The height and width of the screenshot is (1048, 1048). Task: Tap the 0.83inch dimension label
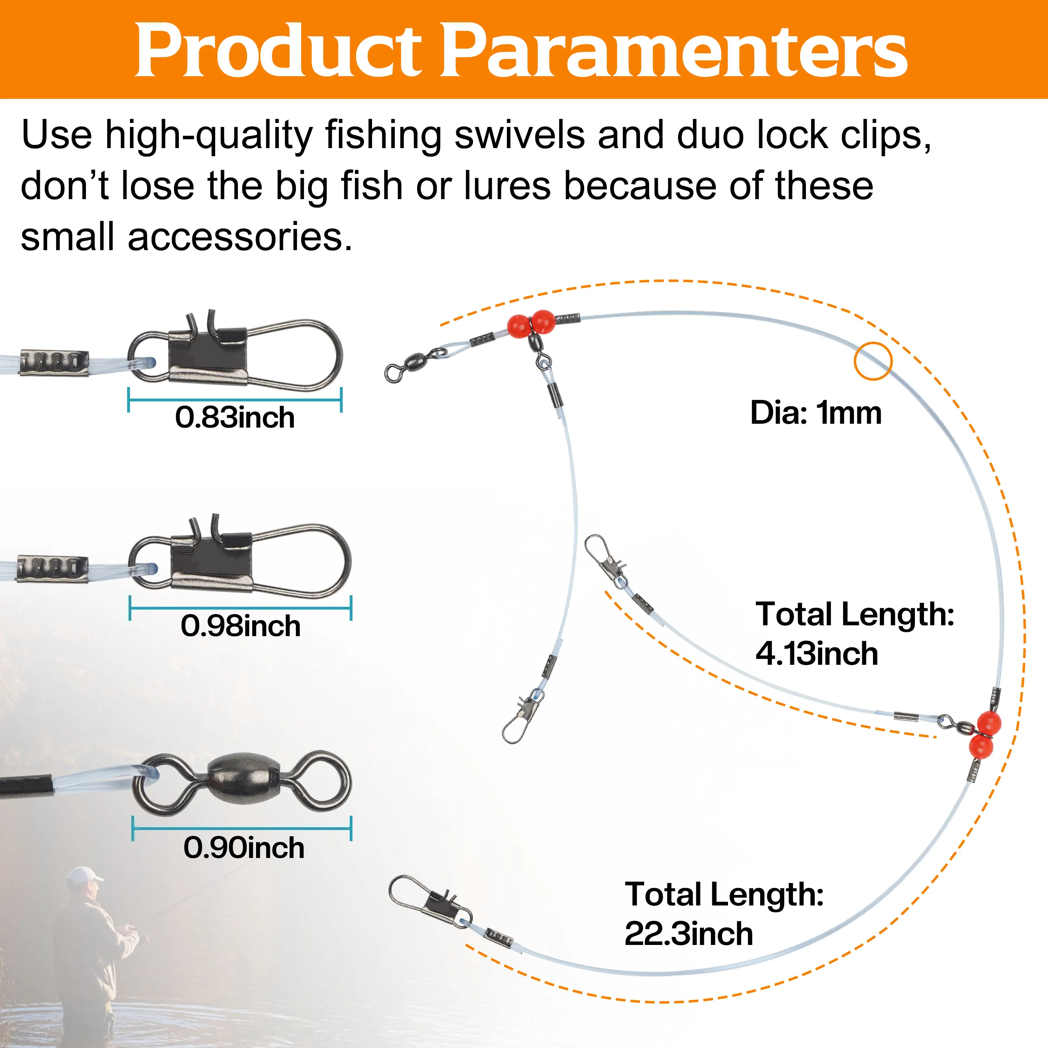pyautogui.click(x=235, y=418)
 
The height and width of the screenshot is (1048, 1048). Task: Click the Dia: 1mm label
pyautogui.click(x=816, y=413)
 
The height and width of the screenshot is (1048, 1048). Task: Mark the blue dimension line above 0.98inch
pyautogui.click(x=241, y=607)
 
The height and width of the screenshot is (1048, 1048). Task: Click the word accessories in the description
pyautogui.click(x=240, y=237)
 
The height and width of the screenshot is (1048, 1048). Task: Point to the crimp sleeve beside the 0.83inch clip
pyautogui.click(x=54, y=362)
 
